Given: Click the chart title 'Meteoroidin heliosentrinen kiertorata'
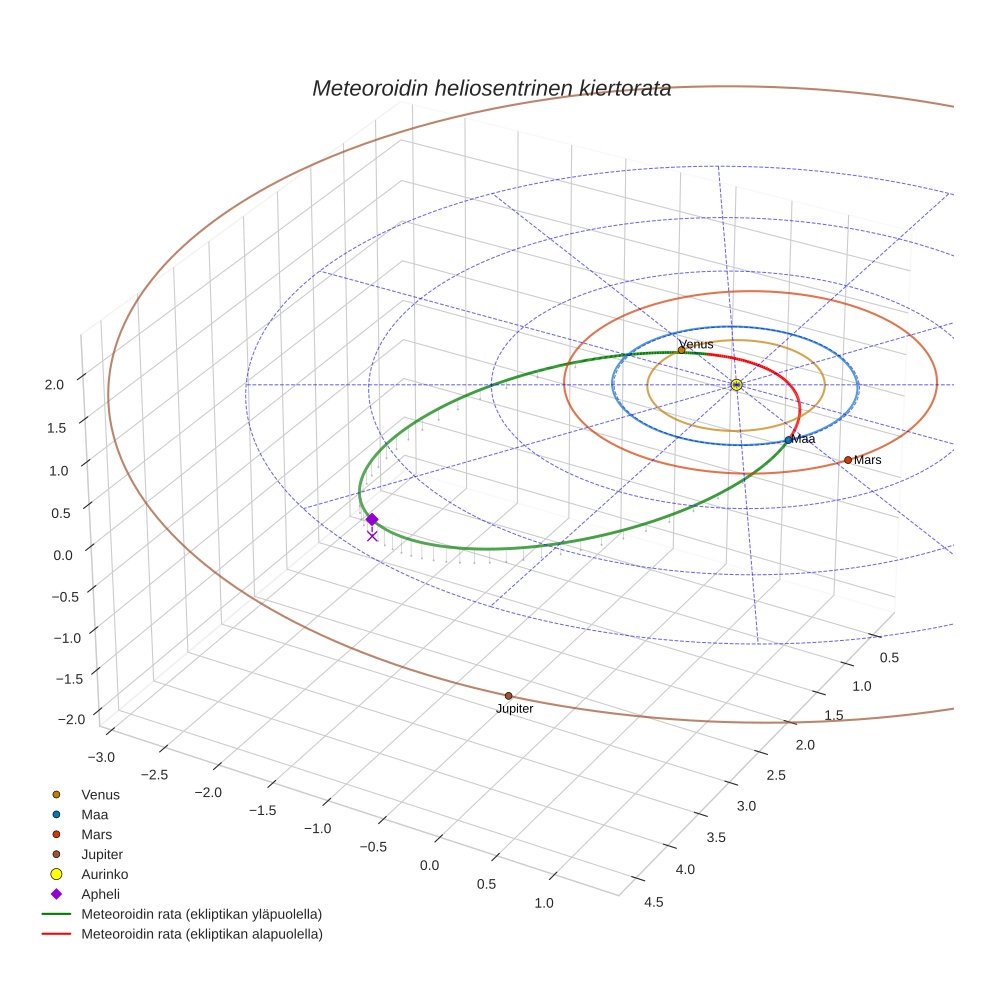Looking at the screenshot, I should coord(491,88).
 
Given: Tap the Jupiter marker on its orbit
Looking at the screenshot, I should coord(508,696).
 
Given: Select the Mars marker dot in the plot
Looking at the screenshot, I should coord(848,460).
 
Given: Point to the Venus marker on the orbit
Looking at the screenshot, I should coord(681,350).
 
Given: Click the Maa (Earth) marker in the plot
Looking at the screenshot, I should coord(788,439).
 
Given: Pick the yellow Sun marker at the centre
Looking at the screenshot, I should coord(736,384).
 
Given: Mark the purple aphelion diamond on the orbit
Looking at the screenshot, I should coord(372,519).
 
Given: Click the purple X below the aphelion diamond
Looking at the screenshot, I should coord(372,536).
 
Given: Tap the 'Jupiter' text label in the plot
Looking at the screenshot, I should coord(514,709).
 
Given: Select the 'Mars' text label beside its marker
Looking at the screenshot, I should coord(867,460).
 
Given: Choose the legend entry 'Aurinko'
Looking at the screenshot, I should coord(100,874).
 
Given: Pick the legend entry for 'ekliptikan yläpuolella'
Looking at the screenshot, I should coord(201,914).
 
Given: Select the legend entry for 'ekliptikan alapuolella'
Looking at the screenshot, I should coord(201,934).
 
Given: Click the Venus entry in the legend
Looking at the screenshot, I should coord(100,795).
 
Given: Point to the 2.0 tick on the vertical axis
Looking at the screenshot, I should coord(54,383).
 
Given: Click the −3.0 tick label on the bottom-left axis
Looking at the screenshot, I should coord(102,757).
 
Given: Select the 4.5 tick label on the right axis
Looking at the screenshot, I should coord(654,902).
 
